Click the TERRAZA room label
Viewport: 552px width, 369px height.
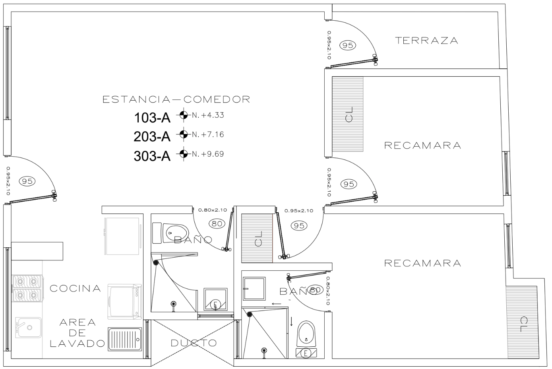click(x=426, y=40)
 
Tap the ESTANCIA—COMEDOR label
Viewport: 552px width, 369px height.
click(x=176, y=99)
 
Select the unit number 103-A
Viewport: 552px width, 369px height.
click(x=152, y=118)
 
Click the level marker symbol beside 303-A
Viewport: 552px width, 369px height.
click(x=183, y=153)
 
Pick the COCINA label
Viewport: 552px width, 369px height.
click(x=75, y=288)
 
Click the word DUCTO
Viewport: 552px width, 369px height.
click(x=194, y=343)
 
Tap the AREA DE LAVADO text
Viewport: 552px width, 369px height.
click(x=77, y=333)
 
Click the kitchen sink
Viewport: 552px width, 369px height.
click(x=28, y=327)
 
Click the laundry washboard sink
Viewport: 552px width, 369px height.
click(x=124, y=339)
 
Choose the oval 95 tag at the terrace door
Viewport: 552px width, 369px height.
click(x=348, y=45)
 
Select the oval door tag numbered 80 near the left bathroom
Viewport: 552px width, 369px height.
click(x=217, y=223)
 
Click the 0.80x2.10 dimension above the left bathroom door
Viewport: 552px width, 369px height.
click(x=212, y=210)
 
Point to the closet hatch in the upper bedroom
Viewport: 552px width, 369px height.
click(x=348, y=114)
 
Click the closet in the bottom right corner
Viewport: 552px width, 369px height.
click(x=521, y=321)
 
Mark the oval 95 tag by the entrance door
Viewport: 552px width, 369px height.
click(x=27, y=181)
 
